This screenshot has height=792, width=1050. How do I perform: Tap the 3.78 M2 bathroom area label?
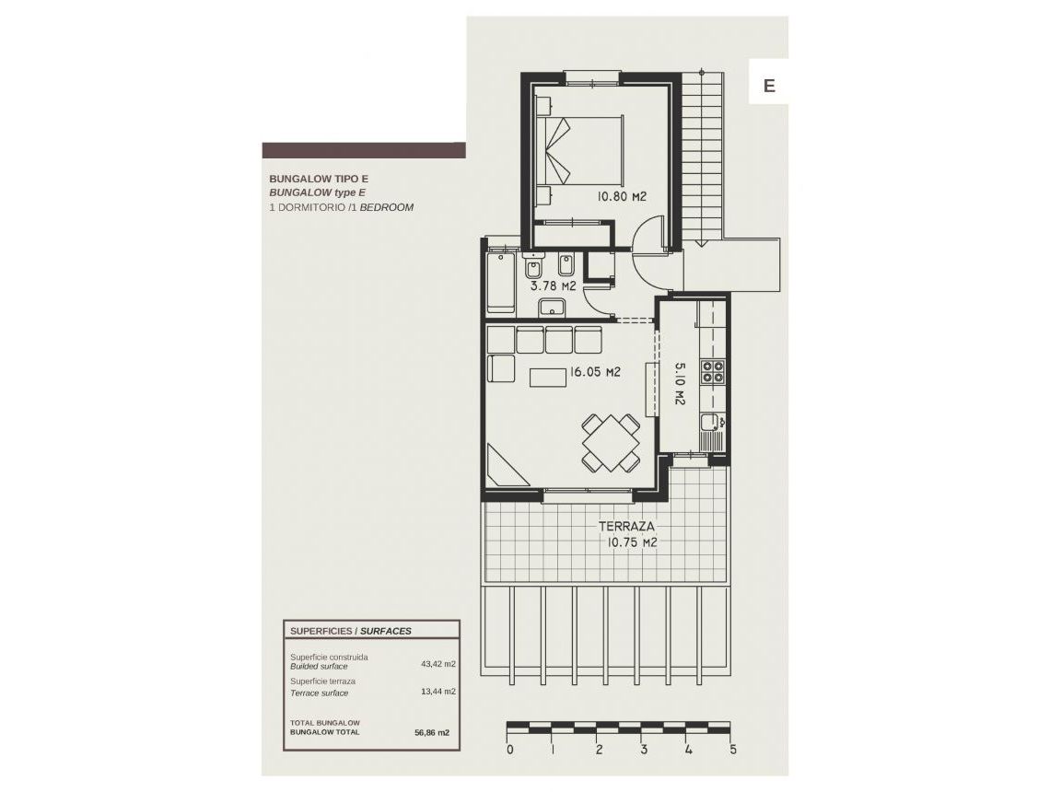(x=553, y=286)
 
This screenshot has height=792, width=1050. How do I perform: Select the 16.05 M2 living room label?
(x=595, y=373)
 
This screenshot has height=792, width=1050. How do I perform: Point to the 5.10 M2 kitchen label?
(x=681, y=384)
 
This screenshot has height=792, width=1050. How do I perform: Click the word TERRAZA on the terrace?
(x=626, y=527)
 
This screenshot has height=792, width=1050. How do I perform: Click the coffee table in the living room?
(x=548, y=378)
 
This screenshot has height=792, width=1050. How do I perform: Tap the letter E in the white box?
(x=769, y=86)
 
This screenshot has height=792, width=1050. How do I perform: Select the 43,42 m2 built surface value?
(x=439, y=662)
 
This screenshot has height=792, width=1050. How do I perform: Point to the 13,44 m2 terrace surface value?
(x=439, y=691)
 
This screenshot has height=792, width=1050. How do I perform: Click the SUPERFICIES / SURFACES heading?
(x=350, y=631)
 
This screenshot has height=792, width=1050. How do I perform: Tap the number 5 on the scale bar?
(x=733, y=750)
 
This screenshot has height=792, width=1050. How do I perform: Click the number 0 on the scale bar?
(x=509, y=750)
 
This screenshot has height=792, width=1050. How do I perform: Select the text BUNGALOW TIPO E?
(x=318, y=179)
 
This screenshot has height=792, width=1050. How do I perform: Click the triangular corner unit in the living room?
(x=505, y=468)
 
